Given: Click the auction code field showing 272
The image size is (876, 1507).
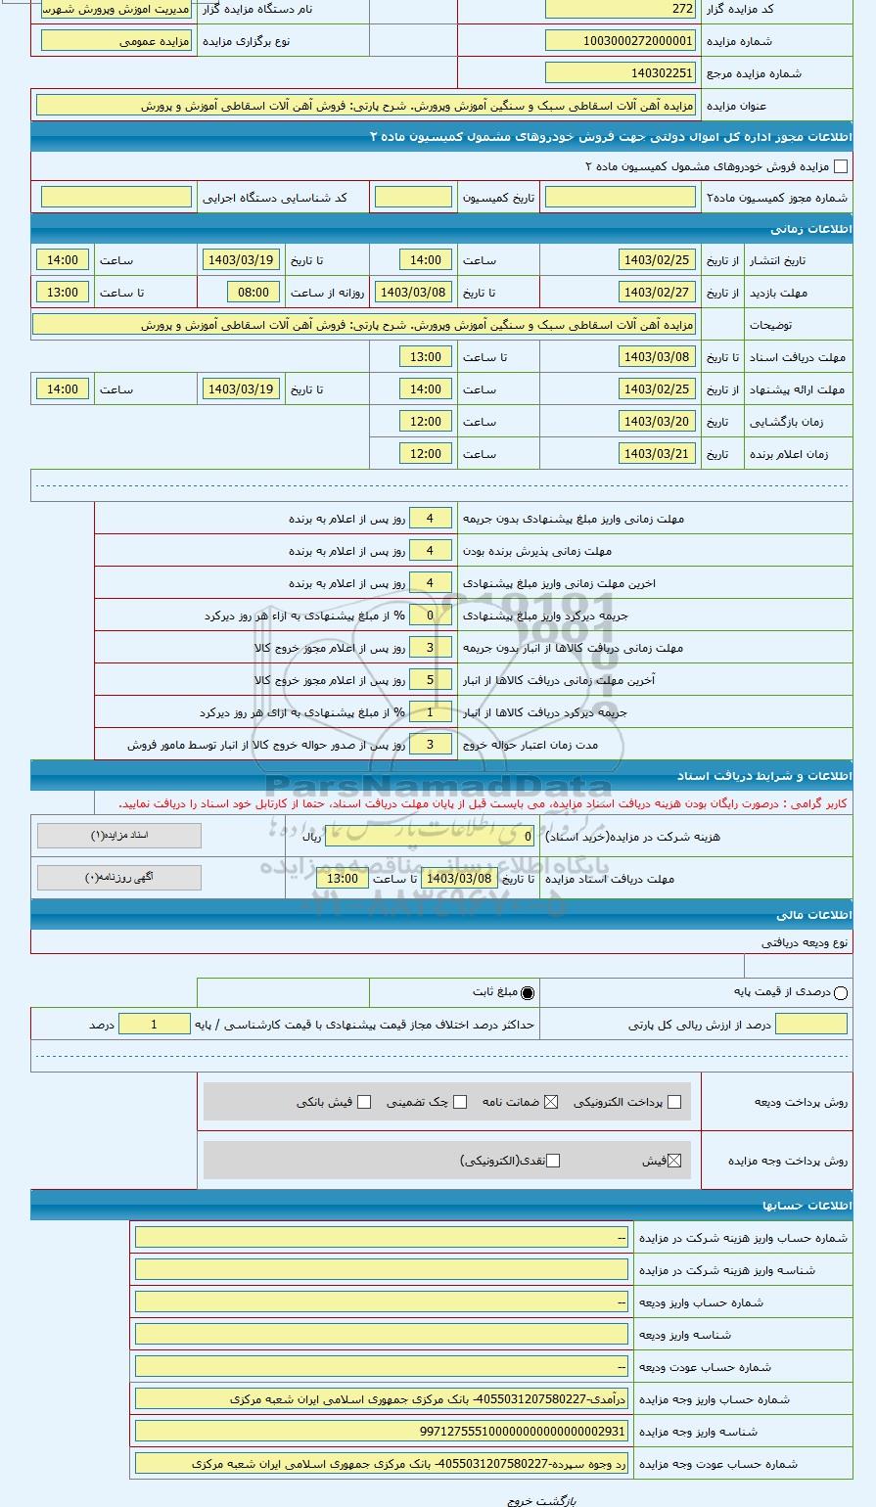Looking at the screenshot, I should coord(621,9).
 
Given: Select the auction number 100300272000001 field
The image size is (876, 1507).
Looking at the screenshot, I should coord(621,41).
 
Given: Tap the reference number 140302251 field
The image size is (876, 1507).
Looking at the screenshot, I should coord(621,73).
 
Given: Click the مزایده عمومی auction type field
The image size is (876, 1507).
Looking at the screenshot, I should coord(116,41).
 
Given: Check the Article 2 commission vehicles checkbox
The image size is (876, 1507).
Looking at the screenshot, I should coord(840,167).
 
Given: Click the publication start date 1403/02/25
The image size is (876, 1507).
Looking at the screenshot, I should coord(657,260).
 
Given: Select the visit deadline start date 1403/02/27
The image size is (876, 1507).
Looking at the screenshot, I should coord(657,293).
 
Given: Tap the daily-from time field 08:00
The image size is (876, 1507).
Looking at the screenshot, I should coord(254,293).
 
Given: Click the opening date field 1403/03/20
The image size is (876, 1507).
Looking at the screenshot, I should coord(657,422).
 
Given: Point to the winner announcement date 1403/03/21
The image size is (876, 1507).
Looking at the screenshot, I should coord(657,454).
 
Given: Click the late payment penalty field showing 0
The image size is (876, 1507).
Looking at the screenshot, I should coord(430,616).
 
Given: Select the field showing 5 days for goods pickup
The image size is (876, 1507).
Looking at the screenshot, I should coord(430,680).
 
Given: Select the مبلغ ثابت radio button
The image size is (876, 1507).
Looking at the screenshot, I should coord(528,993).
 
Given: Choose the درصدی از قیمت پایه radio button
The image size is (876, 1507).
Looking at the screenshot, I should coord(841,993).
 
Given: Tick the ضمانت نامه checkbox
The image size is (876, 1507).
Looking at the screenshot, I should coord(551,1102).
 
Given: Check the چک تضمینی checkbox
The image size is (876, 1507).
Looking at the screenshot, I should coord(460,1102).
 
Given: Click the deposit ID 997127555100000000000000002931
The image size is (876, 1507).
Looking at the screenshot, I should coord(382,1432).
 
